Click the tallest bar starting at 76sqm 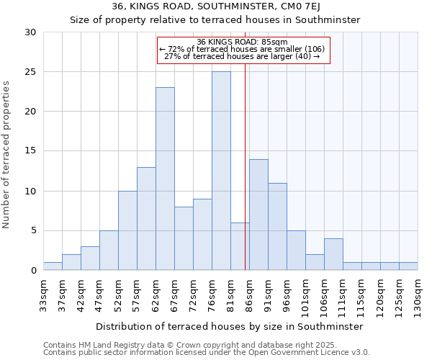pos(221,171)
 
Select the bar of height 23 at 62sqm pos(165,179)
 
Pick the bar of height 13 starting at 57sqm pos(146,219)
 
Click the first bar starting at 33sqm pos(53,266)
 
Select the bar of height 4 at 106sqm pos(333,255)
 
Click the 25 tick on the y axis pos(30,72)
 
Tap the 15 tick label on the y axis pos(30,151)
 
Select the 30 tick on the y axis pos(30,32)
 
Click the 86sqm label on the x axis pos(249,295)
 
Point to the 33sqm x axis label pos(43,295)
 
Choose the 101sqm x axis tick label pos(305,295)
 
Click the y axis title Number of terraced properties pos(7,154)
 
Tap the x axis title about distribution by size pos(229,326)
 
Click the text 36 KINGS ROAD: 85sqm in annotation pos(243,42)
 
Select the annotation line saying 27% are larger pos(243,56)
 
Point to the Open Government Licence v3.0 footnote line pos(207,353)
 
